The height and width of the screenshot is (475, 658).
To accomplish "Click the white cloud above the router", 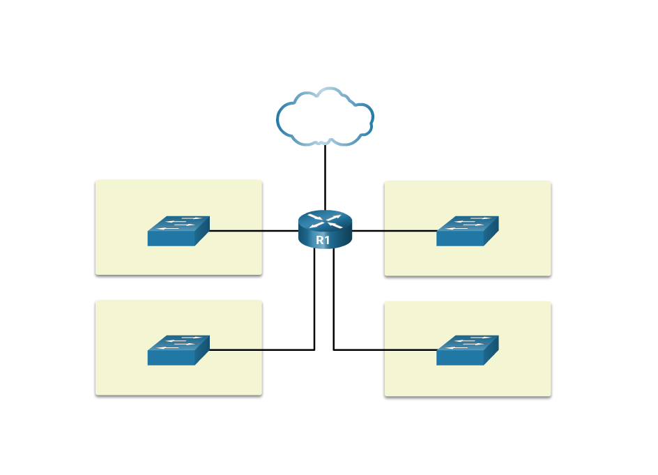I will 325,117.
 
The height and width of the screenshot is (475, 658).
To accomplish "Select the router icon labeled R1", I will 325,229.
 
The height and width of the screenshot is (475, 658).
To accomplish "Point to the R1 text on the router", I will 323,240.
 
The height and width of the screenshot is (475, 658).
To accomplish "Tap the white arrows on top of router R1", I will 325,220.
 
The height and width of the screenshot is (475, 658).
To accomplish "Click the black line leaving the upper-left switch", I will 235,230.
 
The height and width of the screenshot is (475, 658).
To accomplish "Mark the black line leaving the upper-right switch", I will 411,230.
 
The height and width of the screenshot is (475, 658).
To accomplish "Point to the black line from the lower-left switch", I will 235,349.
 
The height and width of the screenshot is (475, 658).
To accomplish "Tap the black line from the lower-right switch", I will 411,349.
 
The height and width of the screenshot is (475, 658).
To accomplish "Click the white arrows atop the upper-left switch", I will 179,223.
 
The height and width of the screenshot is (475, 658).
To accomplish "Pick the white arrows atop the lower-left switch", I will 179,342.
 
